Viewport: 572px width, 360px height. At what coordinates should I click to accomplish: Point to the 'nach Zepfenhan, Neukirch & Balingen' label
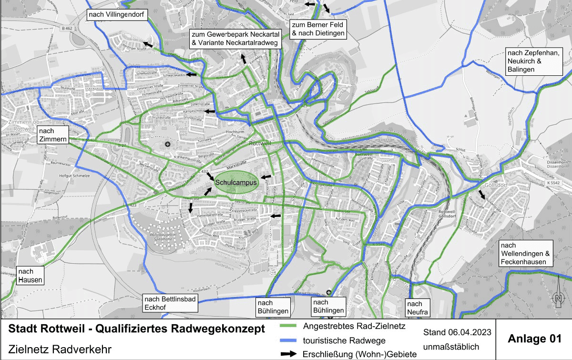[x=535, y=61]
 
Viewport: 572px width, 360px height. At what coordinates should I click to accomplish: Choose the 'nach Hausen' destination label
[x=31, y=276]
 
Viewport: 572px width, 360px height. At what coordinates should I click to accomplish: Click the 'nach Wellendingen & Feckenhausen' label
[x=525, y=254]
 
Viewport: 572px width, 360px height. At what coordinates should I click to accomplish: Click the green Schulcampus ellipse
[x=236, y=183]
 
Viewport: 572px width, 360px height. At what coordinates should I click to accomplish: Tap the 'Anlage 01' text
[x=534, y=339]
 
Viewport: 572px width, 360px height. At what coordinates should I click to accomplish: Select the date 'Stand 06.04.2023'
[x=457, y=332]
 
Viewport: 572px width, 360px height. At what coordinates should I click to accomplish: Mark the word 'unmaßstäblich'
[x=451, y=347]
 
